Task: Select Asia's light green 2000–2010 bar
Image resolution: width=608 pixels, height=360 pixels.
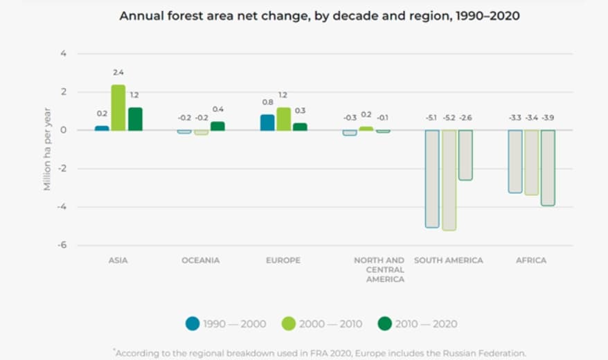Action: [x=118, y=108]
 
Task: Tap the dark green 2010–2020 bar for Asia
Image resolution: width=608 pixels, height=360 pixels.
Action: [x=135, y=119]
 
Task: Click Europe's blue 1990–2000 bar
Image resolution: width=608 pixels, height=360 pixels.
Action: [x=267, y=123]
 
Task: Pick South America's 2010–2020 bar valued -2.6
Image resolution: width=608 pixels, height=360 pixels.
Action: [x=465, y=155]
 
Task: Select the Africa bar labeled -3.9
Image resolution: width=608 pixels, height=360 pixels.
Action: [x=548, y=168]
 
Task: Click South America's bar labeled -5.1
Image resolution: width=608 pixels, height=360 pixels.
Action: [x=432, y=179]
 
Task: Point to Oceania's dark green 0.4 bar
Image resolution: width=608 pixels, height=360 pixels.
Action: [x=217, y=126]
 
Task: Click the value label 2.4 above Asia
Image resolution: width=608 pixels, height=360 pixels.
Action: [x=118, y=72]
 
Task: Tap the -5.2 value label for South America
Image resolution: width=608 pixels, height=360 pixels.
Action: [x=448, y=118]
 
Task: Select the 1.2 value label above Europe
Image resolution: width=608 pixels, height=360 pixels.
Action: [x=283, y=95]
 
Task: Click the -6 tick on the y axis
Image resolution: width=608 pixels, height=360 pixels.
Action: [x=62, y=245]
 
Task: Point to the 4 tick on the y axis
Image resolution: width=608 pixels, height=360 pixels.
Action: [x=64, y=53]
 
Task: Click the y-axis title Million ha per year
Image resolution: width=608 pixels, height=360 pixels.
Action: [x=47, y=149]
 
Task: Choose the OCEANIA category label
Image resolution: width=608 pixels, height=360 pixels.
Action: [x=201, y=260]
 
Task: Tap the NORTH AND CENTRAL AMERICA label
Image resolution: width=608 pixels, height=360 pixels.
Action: [x=379, y=269]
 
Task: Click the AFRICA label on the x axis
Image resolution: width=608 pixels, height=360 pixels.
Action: [x=531, y=260]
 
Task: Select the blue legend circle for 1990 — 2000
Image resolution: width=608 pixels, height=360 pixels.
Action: [x=193, y=323]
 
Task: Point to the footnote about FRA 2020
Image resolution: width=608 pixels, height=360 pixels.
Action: [x=319, y=352]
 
